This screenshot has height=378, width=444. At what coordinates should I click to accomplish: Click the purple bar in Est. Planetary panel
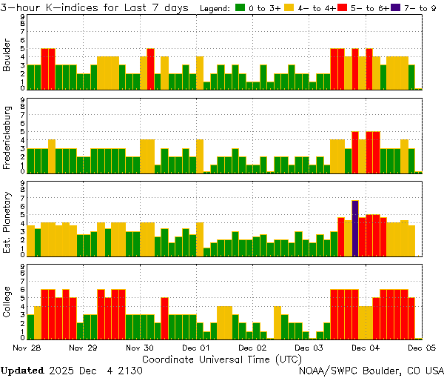[355, 228]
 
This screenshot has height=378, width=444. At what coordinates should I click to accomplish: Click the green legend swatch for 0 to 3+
[240, 8]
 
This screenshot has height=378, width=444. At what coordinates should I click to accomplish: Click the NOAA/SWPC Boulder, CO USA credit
[371, 370]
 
